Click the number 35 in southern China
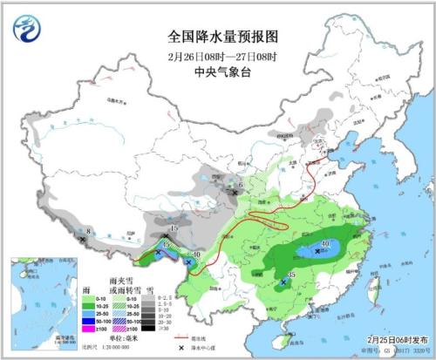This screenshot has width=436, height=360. point(292,275)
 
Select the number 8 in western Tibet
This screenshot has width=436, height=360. point(90,232)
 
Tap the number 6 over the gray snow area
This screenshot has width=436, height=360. point(242,185)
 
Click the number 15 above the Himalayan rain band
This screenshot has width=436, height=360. point(174,228)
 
